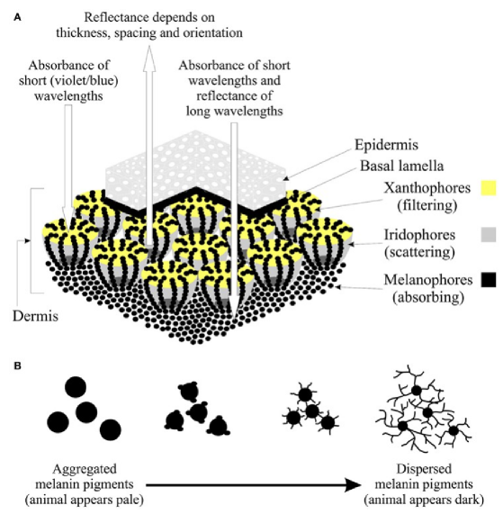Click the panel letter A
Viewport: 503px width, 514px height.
click(17, 17)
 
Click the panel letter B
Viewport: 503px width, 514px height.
click(17, 365)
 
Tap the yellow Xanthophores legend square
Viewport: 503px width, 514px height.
click(489, 188)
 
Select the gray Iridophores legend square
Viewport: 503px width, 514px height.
click(489, 234)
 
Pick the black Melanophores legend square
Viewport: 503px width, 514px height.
click(489, 280)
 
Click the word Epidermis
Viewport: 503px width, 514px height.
click(386, 145)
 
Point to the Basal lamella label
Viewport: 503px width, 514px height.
click(401, 166)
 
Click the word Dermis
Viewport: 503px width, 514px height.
click(35, 316)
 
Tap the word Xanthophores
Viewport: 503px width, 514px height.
click(427, 188)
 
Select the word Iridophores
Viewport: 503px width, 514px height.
click(419, 235)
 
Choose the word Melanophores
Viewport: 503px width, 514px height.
click(428, 280)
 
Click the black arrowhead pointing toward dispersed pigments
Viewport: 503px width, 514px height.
click(353, 484)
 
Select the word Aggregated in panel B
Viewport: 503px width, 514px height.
click(85, 469)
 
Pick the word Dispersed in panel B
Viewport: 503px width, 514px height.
click(424, 469)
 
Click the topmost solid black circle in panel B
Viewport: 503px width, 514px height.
click(76, 387)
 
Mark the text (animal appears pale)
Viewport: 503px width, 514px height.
click(85, 500)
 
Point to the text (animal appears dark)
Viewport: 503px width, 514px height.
click(424, 500)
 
